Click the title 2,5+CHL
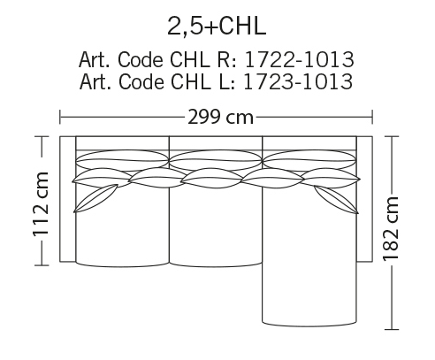217,27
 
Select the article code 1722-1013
299,59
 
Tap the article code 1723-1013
298,81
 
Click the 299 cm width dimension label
220,117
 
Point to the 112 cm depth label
41,204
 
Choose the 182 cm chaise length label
391,229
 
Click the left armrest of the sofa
68,199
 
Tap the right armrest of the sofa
364,199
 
